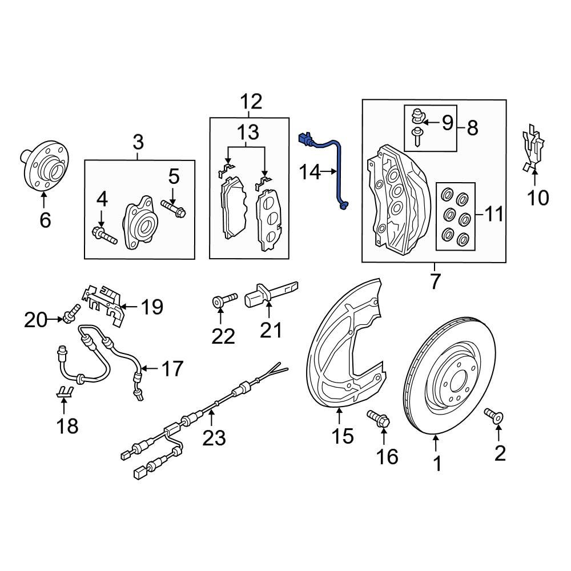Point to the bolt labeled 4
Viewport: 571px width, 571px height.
click(x=104, y=235)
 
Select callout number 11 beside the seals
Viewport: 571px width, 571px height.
click(x=495, y=215)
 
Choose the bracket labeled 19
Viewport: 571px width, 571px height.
click(x=104, y=303)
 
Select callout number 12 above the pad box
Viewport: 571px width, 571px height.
click(x=251, y=102)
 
